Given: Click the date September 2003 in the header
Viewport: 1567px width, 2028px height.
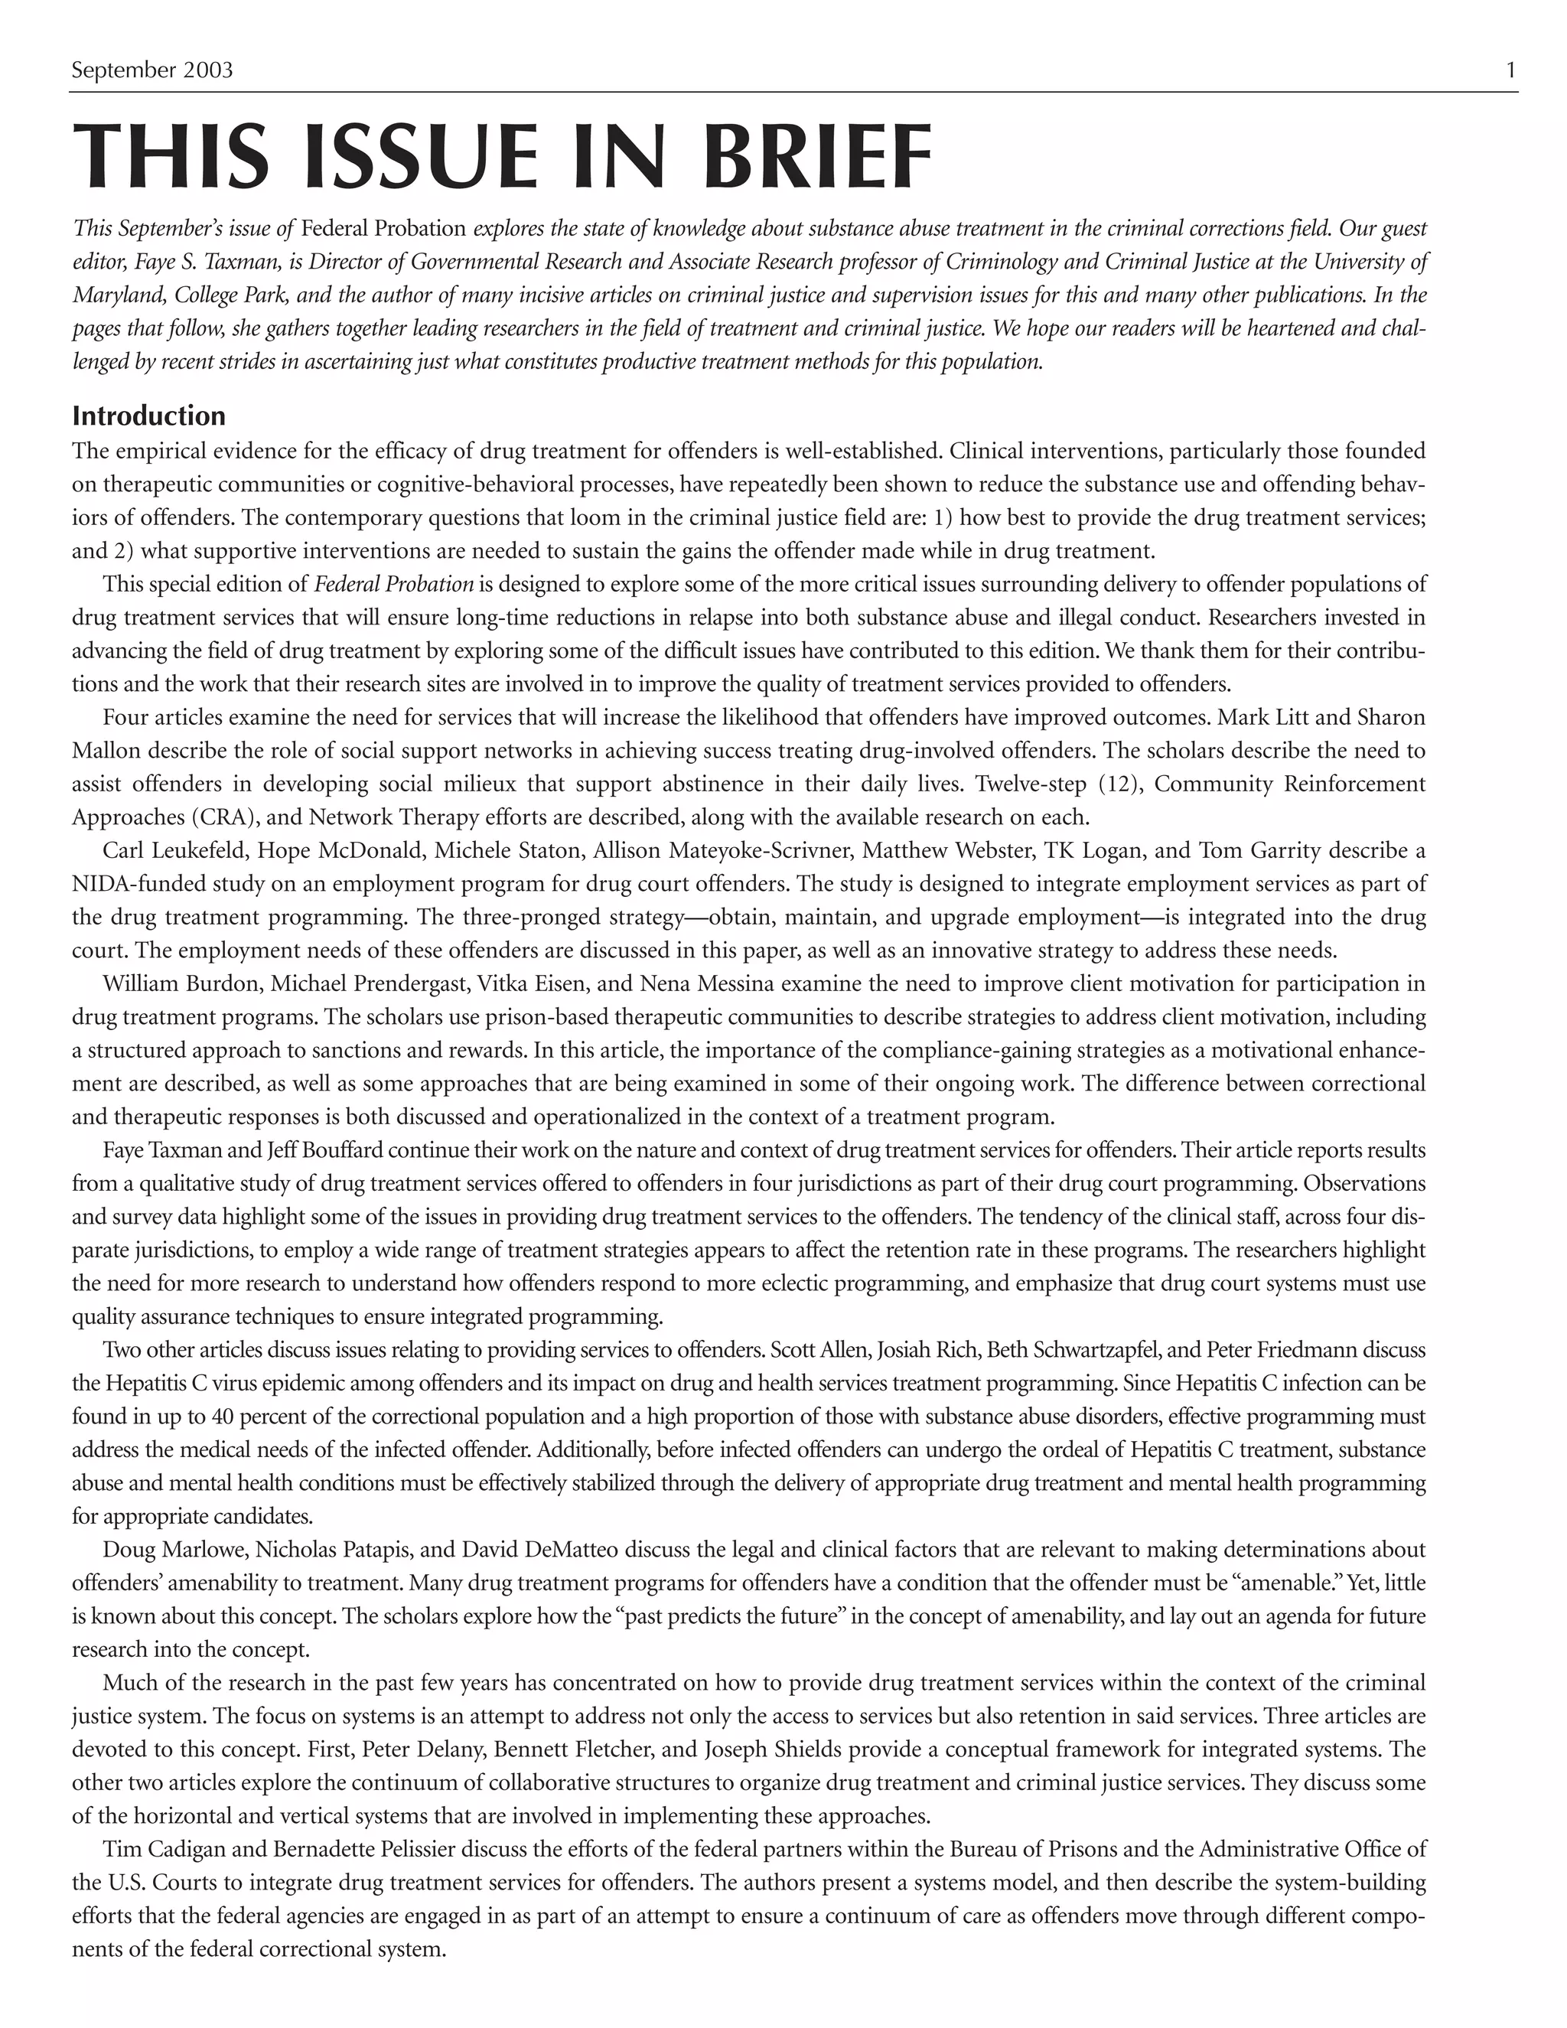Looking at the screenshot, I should [152, 70].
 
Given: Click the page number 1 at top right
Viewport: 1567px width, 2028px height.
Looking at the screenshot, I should [1510, 70].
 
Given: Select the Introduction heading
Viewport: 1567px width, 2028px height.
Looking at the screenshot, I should [148, 415].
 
